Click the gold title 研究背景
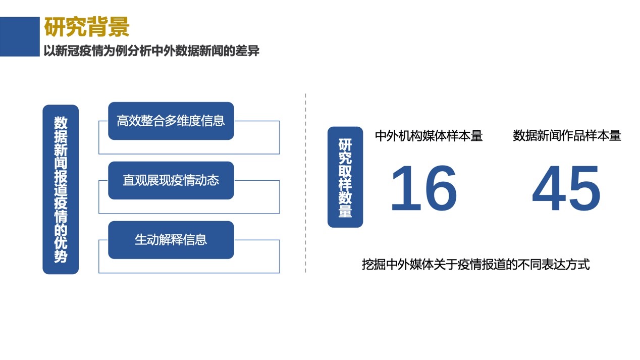[x=87, y=27]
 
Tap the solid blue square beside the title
[x=20, y=36]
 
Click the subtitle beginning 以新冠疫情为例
[x=151, y=51]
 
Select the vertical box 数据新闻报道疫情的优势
[x=61, y=189]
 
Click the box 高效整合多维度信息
[x=171, y=121]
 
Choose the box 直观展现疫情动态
[x=171, y=180]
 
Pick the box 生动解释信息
[x=171, y=240]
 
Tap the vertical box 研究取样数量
[x=345, y=177]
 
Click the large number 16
[x=424, y=188]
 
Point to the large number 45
[x=566, y=188]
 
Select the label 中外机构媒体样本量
[x=429, y=136]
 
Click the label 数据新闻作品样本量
[x=567, y=136]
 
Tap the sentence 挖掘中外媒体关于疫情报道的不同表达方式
[x=476, y=264]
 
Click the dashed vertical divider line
[x=305, y=183]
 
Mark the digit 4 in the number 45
[x=549, y=188]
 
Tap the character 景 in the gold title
[x=119, y=27]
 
